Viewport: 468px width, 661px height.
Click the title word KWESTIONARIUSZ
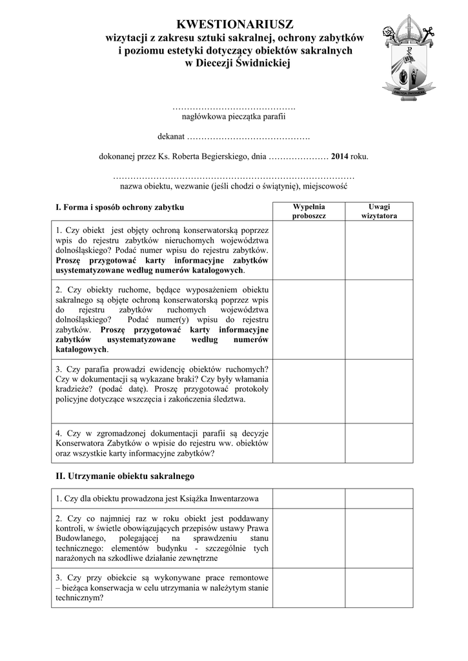pos(235,25)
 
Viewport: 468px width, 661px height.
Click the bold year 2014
pos(340,156)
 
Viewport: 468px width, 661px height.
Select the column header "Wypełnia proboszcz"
pos(309,211)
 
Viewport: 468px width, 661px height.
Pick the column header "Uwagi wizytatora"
pos(379,211)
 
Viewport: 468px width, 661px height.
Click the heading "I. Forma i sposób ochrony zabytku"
pos(120,207)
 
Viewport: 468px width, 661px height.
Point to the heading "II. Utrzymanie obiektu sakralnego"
pos(125,476)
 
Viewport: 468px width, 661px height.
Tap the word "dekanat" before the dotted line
pos(171,137)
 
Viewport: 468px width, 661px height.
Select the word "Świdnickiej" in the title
pos(258,63)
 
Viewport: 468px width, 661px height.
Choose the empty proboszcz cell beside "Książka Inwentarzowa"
pos(309,499)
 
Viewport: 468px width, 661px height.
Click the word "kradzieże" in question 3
pos(74,389)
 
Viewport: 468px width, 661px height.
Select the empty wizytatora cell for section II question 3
pos(379,587)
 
